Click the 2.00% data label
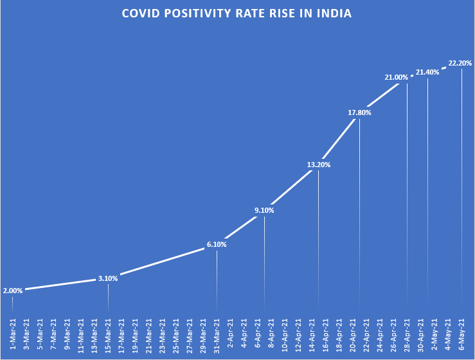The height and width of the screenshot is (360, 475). click(x=13, y=291)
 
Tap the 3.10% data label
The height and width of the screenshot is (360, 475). click(x=108, y=278)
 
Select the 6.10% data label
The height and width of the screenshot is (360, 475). click(x=217, y=244)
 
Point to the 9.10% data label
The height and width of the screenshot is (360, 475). click(x=264, y=210)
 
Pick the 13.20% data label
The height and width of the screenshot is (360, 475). click(x=319, y=165)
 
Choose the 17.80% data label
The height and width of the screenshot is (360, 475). click(x=359, y=113)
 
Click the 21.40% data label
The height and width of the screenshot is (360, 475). click(x=427, y=73)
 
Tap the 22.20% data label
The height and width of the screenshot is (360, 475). click(x=460, y=63)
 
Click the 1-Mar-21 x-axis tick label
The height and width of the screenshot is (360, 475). click(x=13, y=334)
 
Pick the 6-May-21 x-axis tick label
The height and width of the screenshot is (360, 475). click(x=462, y=334)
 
